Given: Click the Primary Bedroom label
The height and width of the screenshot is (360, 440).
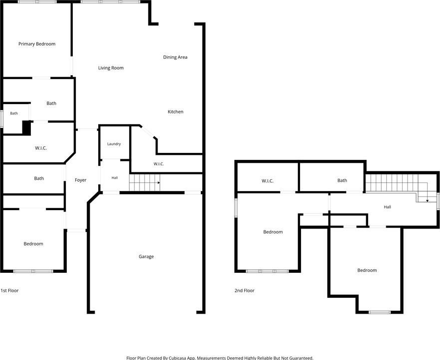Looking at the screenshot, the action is (x=37, y=44).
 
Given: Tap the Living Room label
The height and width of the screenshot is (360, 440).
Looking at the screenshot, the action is (x=111, y=68).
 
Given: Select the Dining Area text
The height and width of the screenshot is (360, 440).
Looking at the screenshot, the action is (x=175, y=57).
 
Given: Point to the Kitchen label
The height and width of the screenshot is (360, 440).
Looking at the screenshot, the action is (x=175, y=112).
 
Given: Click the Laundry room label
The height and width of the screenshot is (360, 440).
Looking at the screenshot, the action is (x=114, y=144).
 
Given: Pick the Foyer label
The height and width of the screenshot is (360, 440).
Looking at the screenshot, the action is (x=81, y=180).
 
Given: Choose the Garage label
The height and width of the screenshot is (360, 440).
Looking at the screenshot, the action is (x=146, y=256).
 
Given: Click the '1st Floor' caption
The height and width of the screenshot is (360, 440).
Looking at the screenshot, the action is (x=9, y=290).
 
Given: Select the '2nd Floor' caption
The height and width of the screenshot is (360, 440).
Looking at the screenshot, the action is (x=244, y=290).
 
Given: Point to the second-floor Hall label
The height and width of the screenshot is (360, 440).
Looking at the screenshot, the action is (x=387, y=207).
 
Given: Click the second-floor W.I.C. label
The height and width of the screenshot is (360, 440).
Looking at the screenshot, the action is (x=268, y=181).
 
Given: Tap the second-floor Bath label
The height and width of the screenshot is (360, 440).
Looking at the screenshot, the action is (x=342, y=181).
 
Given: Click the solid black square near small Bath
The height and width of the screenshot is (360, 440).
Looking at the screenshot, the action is (x=26, y=128).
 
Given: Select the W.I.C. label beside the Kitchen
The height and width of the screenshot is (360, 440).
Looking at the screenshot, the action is (x=158, y=164).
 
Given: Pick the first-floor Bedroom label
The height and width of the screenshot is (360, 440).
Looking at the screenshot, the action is (x=33, y=244).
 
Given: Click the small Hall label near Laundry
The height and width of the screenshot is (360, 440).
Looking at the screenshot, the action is (x=115, y=178).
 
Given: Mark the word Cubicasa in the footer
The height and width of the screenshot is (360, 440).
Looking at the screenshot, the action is (x=177, y=358).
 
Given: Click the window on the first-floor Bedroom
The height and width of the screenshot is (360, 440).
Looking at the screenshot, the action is (x=33, y=271).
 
